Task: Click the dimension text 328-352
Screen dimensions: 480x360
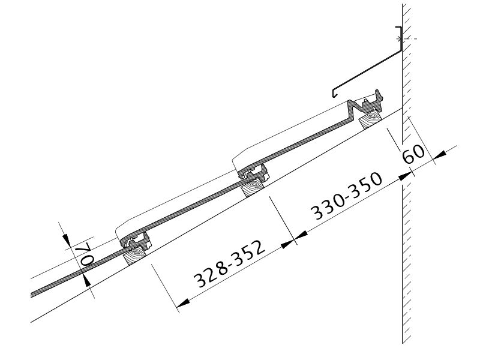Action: coord(229,263)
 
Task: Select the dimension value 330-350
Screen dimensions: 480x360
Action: coord(347,196)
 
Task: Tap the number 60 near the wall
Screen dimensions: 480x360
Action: coord(413,154)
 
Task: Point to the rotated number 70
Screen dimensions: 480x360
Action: coord(86,254)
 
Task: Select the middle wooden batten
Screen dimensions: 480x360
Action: coord(253,187)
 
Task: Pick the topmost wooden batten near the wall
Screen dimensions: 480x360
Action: coord(371,120)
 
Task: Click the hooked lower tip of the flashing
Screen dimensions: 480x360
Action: coord(334,93)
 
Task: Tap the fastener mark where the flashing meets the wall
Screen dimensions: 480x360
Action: coord(399,39)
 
